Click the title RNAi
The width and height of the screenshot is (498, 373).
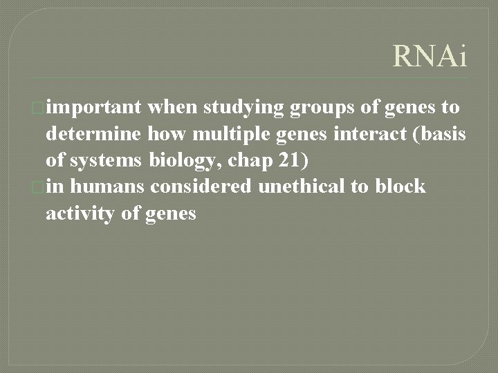pyautogui.click(x=430, y=56)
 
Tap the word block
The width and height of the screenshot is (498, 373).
pyautogui.click(x=401, y=187)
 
